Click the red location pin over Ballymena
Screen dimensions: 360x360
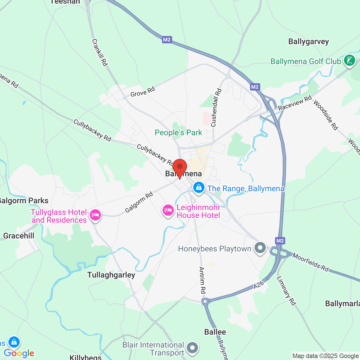(179, 167)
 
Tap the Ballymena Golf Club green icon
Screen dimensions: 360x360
(350, 60)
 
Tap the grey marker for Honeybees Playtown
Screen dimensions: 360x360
(260, 248)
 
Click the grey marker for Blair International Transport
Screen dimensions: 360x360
(192, 348)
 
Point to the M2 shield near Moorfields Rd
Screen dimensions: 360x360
(280, 240)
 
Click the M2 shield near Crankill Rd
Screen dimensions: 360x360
(167, 40)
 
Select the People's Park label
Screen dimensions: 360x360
(178, 132)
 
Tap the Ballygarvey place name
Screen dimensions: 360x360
(309, 42)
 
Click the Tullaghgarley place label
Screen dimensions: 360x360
(111, 275)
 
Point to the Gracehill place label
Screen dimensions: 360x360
(19, 236)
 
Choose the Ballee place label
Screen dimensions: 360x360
(215, 332)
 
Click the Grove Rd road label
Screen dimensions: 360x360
(143, 92)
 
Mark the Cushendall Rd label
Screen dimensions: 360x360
(216, 108)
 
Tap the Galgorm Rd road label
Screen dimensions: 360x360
(139, 202)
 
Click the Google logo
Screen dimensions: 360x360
(19, 353)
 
